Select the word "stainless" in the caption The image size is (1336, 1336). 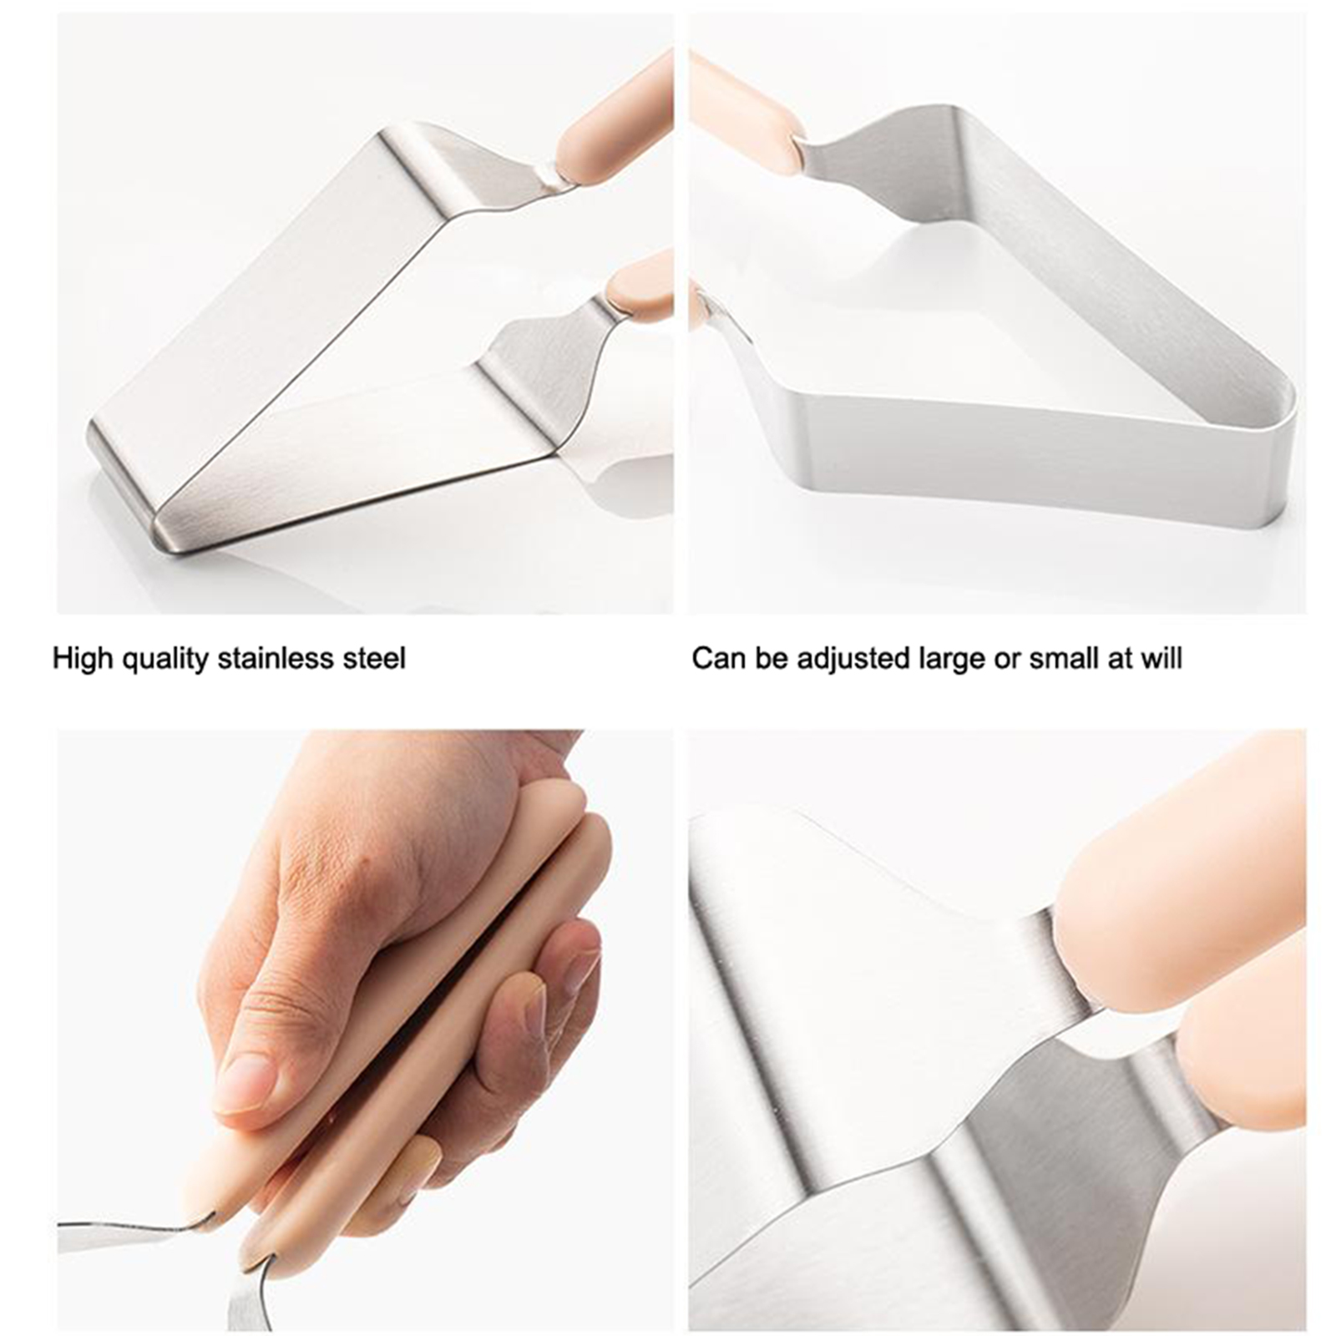[x=276, y=658]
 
